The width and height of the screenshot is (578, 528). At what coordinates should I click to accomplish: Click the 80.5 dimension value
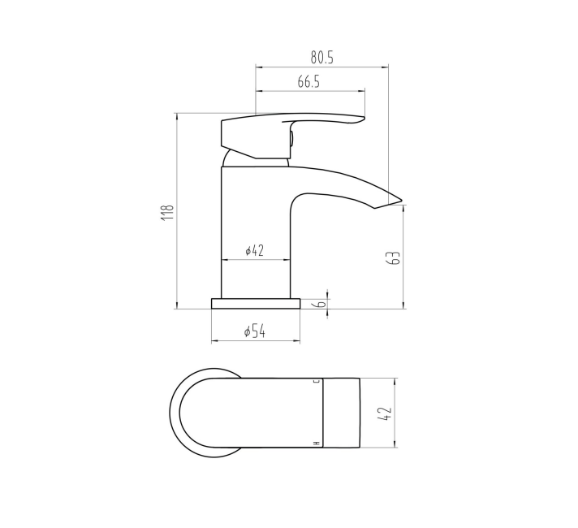coord(321,58)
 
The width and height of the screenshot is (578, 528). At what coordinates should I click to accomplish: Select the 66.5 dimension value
coord(308,81)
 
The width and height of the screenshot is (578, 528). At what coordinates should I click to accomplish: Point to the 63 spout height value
coord(394,258)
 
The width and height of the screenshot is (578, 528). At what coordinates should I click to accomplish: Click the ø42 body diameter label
coord(255,250)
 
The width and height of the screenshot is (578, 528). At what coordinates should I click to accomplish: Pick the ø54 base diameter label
coord(255,331)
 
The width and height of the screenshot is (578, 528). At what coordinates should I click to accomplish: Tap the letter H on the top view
coord(316,443)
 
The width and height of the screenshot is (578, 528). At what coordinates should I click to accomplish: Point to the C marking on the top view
coord(316,381)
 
